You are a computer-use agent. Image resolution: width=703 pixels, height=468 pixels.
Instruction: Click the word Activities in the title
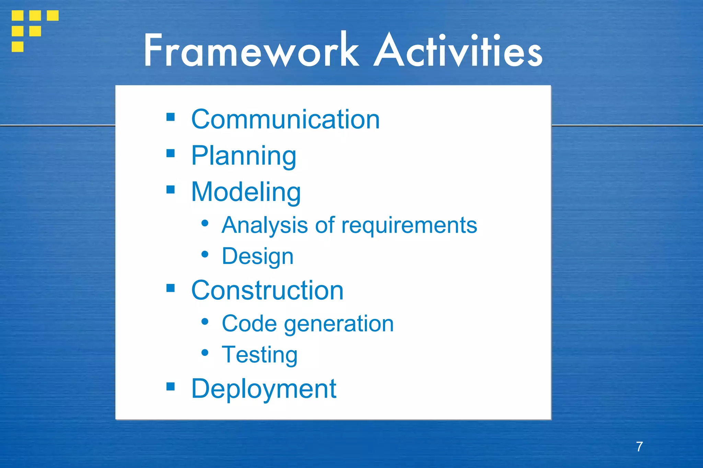click(x=458, y=51)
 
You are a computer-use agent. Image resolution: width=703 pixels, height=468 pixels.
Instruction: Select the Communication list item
click(x=285, y=119)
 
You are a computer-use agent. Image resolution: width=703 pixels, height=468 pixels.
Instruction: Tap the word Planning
click(x=244, y=156)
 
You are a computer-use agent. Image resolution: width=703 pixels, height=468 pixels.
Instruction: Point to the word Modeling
click(x=246, y=192)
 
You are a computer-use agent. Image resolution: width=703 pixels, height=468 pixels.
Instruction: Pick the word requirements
click(x=409, y=226)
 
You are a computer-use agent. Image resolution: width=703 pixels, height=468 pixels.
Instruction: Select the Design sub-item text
click(x=257, y=256)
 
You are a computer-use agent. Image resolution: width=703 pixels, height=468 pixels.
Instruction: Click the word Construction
click(x=267, y=291)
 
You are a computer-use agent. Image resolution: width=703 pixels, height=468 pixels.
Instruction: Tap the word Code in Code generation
click(x=249, y=324)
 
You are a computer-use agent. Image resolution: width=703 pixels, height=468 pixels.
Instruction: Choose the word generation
click(x=339, y=324)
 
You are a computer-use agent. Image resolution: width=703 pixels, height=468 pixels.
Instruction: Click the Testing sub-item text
click(x=260, y=355)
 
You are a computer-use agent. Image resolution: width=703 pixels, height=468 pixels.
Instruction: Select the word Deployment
click(x=264, y=389)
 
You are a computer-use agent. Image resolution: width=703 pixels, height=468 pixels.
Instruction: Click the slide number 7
click(x=639, y=447)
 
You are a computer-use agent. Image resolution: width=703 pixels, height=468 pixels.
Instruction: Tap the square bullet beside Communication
click(x=171, y=117)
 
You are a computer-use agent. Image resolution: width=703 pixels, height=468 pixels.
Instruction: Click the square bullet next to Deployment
click(x=171, y=387)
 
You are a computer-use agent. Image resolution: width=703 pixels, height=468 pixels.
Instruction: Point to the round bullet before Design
click(x=205, y=254)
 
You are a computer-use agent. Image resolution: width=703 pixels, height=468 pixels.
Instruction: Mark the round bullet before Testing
click(x=205, y=353)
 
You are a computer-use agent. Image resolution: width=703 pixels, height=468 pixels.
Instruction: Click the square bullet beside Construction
click(x=171, y=288)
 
